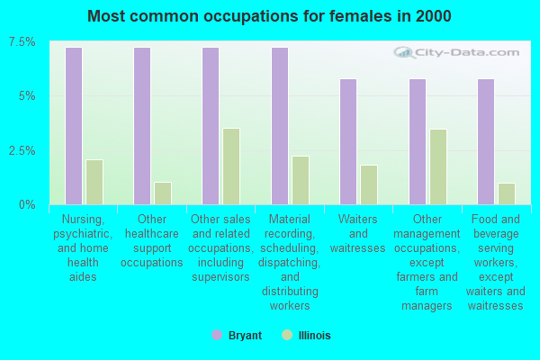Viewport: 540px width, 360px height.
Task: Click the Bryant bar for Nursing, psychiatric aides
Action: click(x=74, y=126)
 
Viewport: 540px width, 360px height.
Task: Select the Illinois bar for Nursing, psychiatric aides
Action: click(x=94, y=182)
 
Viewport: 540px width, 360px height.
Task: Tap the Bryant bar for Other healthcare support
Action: click(x=142, y=126)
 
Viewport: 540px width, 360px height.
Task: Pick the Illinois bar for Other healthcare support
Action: click(x=163, y=193)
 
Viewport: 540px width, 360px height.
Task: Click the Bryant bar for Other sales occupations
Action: click(x=211, y=126)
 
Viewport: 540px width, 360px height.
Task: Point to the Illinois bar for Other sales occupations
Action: click(x=231, y=166)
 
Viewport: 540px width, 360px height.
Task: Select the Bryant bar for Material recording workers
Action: click(x=280, y=126)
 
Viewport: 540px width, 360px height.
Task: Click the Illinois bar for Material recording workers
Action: click(x=301, y=180)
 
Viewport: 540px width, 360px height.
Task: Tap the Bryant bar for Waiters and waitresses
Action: click(x=348, y=141)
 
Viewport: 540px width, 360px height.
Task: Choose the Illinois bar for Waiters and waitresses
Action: click(x=369, y=184)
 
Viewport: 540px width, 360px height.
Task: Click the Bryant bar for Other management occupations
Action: click(x=418, y=141)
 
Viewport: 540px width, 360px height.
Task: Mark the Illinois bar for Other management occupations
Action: click(x=438, y=166)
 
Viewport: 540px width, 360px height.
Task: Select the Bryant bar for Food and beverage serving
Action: click(x=486, y=141)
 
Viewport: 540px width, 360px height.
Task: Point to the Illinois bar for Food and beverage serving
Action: click(x=507, y=193)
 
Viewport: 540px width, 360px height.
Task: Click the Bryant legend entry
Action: click(x=238, y=336)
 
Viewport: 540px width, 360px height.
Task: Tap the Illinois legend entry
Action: click(x=306, y=336)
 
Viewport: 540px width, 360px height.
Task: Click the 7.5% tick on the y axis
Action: click(x=22, y=42)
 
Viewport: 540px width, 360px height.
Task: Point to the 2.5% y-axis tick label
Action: click(x=22, y=150)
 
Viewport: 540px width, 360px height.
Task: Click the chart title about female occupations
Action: click(x=270, y=16)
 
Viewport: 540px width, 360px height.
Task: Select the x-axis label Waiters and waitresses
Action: click(x=357, y=233)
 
